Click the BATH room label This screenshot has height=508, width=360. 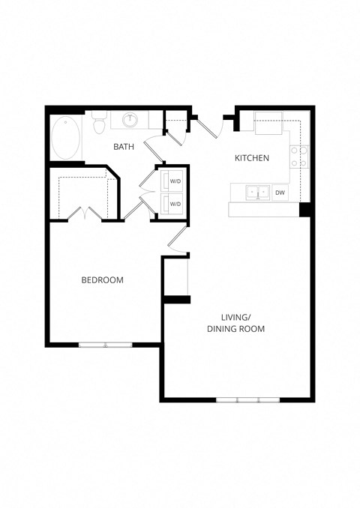[124, 147]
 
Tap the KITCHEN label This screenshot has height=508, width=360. [252, 158]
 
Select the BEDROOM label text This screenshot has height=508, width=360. [102, 280]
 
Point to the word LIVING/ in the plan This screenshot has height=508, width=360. [235, 316]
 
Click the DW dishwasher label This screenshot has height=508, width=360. [280, 193]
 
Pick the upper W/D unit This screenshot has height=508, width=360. [174, 181]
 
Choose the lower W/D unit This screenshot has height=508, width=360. [174, 204]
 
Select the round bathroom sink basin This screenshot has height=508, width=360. [130, 119]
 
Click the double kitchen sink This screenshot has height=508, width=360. [257, 193]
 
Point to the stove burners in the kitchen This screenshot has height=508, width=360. [299, 157]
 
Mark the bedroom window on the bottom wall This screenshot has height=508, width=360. [106, 345]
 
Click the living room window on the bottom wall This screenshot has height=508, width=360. [247, 399]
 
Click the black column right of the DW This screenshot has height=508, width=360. [306, 209]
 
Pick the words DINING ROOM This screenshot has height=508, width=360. [236, 329]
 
